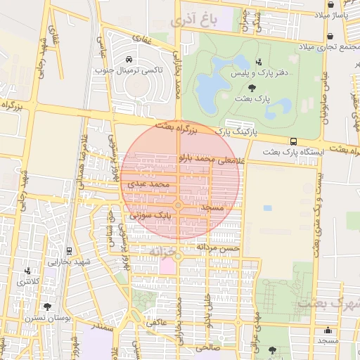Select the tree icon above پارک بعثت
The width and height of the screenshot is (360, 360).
point(252,87)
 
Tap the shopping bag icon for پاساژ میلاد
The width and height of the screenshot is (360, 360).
point(330,5)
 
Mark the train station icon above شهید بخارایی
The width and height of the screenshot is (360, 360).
point(69,250)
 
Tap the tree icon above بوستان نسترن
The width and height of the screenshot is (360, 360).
point(47,307)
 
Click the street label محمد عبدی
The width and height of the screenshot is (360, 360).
point(148,184)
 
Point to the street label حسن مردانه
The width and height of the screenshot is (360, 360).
point(218,247)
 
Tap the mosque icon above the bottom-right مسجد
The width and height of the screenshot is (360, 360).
point(328,330)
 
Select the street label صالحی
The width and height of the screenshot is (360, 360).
point(208,347)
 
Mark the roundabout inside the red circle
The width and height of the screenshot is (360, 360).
point(179,205)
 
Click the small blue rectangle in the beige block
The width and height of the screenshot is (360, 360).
point(267,209)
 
